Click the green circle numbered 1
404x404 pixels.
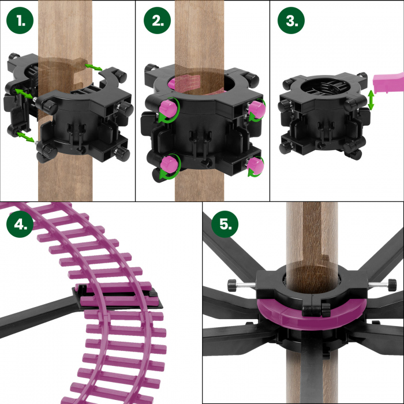click(20, 20)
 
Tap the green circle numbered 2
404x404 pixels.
click(157, 20)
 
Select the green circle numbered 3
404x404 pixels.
click(291, 20)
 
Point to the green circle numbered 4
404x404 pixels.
click(20, 224)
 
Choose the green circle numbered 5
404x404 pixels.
click(225, 224)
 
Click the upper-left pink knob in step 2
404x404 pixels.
click(167, 108)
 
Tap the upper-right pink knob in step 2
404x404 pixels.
click(257, 109)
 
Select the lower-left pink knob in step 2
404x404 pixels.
click(169, 164)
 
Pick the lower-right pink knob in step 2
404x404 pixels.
click(255, 165)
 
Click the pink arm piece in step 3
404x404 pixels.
click(388, 82)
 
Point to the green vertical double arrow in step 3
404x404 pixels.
click(371, 100)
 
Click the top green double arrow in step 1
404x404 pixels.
click(93, 67)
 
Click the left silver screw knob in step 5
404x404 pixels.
click(242, 285)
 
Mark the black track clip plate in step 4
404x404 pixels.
click(117, 296)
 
